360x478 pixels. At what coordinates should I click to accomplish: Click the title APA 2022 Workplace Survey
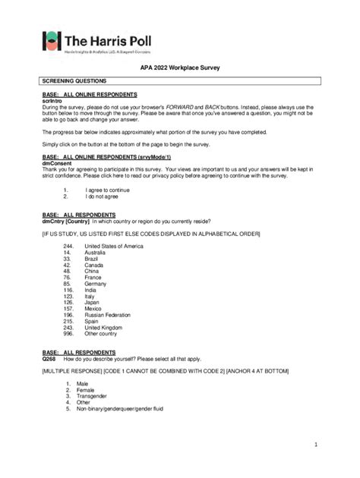(x=180, y=68)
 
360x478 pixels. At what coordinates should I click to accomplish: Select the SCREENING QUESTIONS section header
(x=74, y=80)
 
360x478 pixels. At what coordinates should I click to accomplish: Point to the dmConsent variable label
(x=56, y=162)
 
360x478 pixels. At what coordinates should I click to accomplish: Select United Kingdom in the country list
(x=105, y=327)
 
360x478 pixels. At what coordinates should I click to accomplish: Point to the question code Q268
(x=50, y=359)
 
